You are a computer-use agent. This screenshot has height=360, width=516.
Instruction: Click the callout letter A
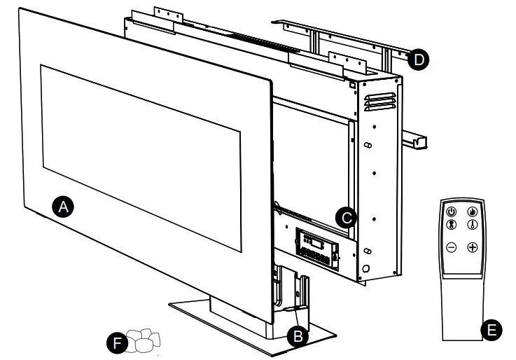click(64, 207)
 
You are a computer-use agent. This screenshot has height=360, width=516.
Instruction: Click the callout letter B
click(299, 335)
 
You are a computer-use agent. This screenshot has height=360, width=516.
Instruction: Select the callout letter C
click(344, 216)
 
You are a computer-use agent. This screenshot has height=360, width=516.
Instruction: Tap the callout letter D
click(418, 60)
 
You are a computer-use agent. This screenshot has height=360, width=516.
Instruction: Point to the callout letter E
click(492, 329)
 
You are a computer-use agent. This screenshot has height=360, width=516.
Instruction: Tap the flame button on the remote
click(473, 212)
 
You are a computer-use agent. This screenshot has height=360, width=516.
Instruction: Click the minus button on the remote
click(452, 247)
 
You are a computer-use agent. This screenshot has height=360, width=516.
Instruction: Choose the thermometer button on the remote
click(473, 226)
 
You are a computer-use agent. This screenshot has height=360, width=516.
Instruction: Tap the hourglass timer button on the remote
click(452, 226)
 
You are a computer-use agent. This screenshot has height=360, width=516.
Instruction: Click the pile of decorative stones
click(144, 340)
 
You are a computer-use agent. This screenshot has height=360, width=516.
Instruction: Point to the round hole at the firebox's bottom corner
click(365, 269)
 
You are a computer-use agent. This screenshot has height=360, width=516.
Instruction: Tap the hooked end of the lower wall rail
click(421, 142)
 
